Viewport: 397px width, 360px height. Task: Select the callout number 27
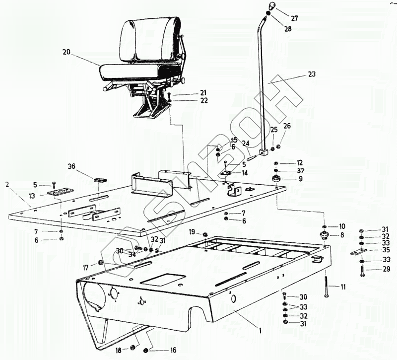tap(294, 18)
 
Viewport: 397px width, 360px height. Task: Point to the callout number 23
tap(312, 74)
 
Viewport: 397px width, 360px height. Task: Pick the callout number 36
tap(71, 167)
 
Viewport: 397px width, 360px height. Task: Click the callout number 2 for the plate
tap(7, 185)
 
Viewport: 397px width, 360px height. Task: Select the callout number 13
tap(32, 196)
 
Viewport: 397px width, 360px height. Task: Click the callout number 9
tap(300, 179)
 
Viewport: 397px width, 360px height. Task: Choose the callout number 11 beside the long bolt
tap(344, 287)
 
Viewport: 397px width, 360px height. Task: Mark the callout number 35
tap(386, 250)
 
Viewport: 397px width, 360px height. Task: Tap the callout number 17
tap(86, 267)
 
